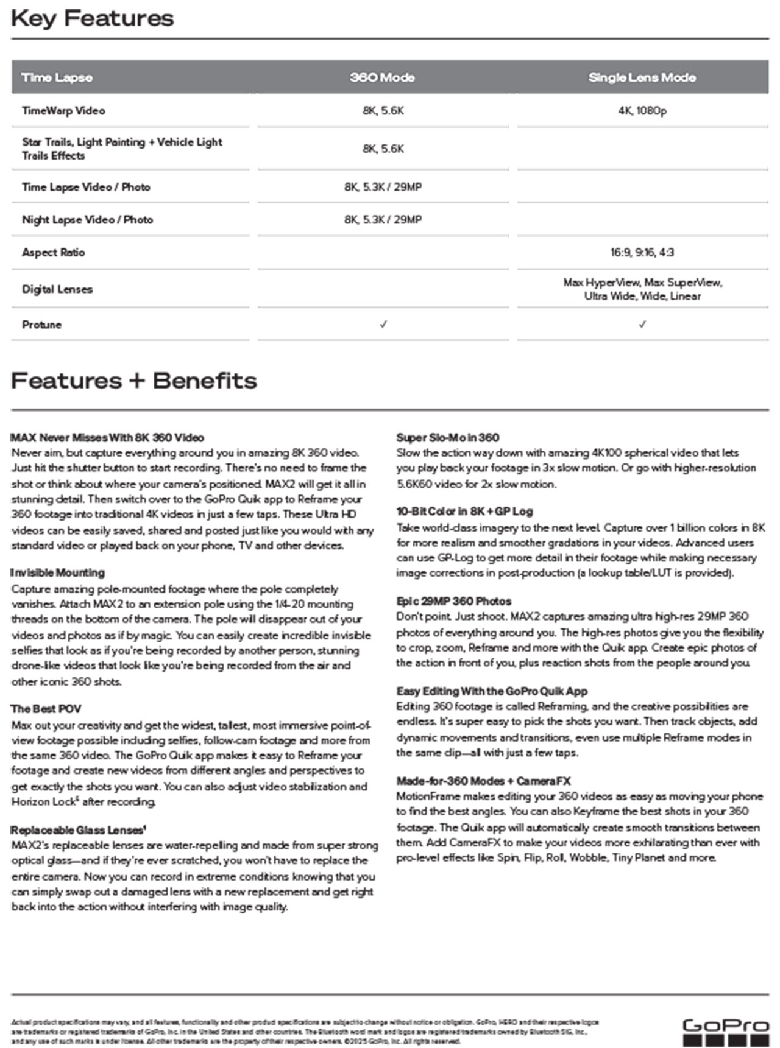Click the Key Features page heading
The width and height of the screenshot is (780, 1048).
coord(93,18)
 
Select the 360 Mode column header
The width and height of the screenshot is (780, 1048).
coord(382,77)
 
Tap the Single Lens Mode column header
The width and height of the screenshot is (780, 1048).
coord(642,77)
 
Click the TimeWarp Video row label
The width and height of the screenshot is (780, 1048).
coord(63,111)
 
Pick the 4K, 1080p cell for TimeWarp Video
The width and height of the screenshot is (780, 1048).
coord(642,111)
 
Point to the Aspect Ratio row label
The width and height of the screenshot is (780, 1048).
coord(53,252)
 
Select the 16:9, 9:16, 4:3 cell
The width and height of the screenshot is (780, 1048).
coord(642,252)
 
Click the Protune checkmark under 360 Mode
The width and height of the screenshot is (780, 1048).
coord(383,325)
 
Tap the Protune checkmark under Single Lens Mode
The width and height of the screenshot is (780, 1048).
coord(642,325)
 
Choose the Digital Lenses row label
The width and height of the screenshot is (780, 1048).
coord(57,289)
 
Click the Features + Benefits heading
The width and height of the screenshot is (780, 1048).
coord(134,381)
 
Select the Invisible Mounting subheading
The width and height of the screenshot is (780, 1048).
coord(58,572)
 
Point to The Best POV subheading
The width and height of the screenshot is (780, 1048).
coord(46,709)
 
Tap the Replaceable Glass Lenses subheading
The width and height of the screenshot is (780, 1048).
coord(78,830)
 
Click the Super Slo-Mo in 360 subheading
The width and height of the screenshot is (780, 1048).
coord(447,437)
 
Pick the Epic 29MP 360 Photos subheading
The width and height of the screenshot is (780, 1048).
coord(453,601)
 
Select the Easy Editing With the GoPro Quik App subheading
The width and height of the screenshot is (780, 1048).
coord(492,691)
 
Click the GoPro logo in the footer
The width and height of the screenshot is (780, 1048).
coord(725,1032)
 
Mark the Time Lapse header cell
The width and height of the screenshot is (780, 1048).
coord(57,77)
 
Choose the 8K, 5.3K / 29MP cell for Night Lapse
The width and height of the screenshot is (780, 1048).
coord(383,219)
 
